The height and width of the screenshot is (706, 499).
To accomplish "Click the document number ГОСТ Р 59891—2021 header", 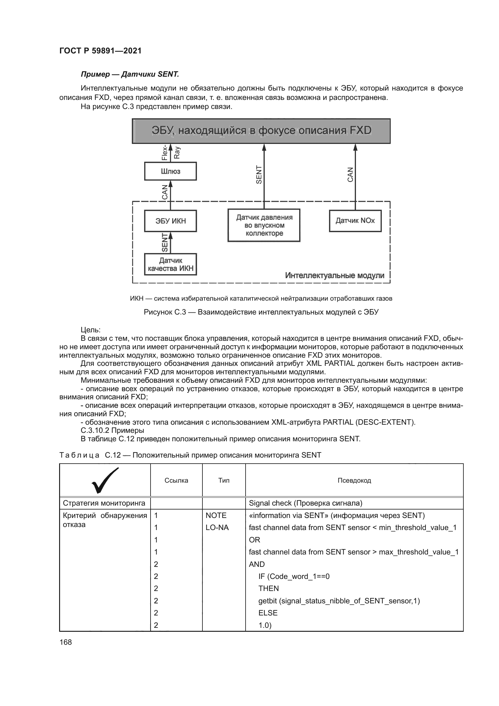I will pos(100,51).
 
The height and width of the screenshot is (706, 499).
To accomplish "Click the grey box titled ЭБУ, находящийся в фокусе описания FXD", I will pos(261,131).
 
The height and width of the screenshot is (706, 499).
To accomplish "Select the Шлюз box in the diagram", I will pos(170,171).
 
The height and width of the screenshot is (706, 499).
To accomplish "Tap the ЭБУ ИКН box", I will pos(170,221).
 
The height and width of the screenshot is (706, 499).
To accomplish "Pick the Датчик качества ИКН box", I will pos(170,264).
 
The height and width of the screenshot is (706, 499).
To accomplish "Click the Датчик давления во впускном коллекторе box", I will pos(264,225).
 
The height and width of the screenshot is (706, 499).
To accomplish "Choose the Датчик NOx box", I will pos(355,220).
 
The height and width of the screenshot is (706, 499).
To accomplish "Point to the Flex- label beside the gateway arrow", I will pos(165,152).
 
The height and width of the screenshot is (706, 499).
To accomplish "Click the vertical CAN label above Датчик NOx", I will pos(350,174).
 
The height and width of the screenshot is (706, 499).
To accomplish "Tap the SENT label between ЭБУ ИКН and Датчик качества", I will pos(165,242).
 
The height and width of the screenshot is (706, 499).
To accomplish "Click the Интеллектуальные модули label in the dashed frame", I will pos(334,275).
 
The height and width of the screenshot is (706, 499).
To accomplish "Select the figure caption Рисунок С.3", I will pos(261,312).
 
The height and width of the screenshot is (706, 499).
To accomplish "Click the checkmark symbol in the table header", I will pos(105,480).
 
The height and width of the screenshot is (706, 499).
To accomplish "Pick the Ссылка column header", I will pos(176,480).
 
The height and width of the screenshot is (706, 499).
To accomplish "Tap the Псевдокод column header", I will pos(354,480).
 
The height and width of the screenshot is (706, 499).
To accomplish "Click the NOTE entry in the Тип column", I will pos(216,515).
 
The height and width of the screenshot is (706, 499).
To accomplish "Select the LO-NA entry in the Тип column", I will pos(217,528).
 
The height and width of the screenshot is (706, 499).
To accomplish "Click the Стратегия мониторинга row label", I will pos(104,503).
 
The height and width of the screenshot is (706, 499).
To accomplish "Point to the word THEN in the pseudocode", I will pos(269,589).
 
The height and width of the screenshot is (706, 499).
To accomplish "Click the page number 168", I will pos(65,642).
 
